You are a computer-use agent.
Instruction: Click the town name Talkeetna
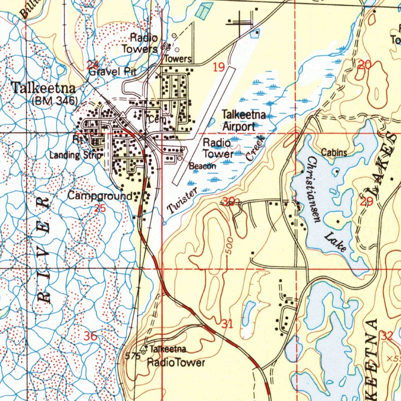click(x=43, y=88)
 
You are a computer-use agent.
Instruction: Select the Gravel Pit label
click(x=112, y=72)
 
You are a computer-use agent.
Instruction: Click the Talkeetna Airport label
click(x=244, y=121)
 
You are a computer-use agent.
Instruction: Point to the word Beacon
click(x=202, y=166)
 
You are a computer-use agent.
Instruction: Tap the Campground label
click(x=100, y=195)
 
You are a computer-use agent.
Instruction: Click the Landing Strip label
click(x=76, y=155)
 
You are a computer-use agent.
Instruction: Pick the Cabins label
click(x=334, y=153)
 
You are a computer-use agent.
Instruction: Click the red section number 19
click(x=219, y=68)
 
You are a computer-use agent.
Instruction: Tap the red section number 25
click(x=100, y=208)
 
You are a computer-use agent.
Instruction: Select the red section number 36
click(x=90, y=336)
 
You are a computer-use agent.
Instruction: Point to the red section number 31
click(x=227, y=324)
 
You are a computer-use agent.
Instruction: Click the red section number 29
click(x=366, y=202)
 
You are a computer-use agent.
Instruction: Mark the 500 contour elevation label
click(x=229, y=246)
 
